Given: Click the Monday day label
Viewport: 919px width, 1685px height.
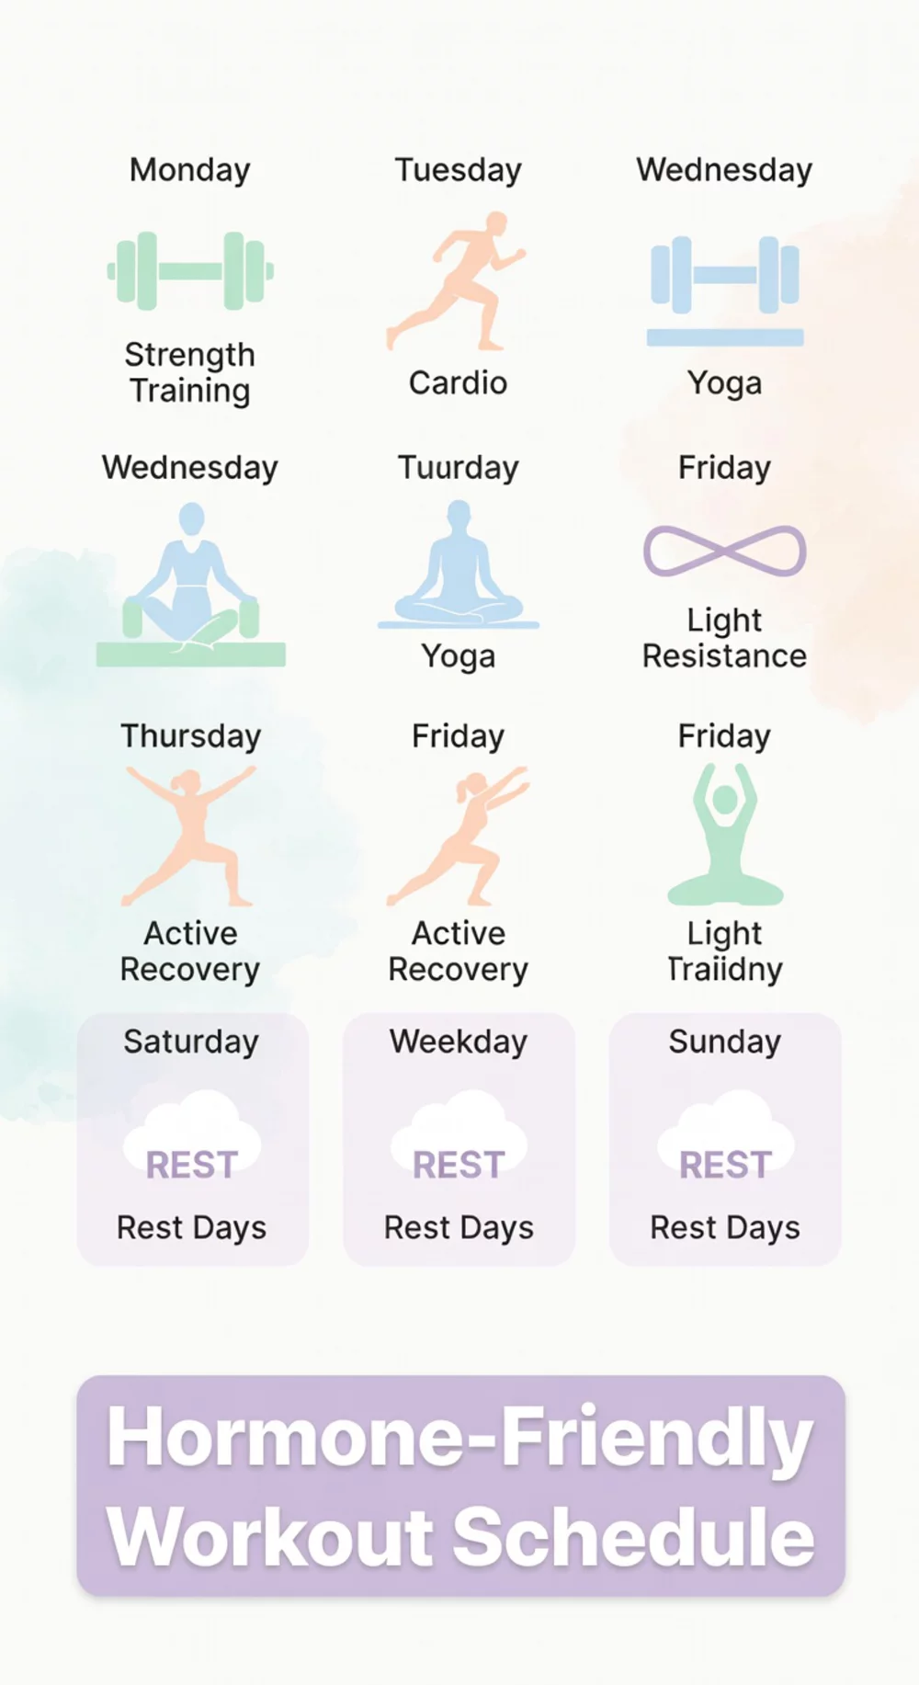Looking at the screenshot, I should click(x=190, y=170).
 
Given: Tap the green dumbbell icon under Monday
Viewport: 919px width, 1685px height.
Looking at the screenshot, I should click(x=190, y=270).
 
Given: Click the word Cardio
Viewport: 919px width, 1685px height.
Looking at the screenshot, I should click(x=458, y=382).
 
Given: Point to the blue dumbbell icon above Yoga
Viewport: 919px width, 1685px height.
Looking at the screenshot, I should click(x=725, y=276).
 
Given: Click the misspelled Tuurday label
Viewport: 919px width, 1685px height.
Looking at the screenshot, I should click(x=458, y=468).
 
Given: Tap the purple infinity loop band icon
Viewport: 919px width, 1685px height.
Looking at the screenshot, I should click(x=725, y=551).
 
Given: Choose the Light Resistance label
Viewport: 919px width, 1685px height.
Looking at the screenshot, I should click(x=724, y=638).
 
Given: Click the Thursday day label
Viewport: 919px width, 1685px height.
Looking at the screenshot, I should click(x=191, y=736).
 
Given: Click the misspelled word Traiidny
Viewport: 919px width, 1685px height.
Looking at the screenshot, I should click(x=724, y=969).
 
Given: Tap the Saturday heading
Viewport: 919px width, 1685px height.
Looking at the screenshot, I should click(x=191, y=1042).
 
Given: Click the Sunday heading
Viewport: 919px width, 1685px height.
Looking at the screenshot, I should click(x=724, y=1042).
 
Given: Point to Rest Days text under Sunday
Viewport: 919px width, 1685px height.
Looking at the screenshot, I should click(x=724, y=1228).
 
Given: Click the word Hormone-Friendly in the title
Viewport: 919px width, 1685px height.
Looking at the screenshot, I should click(x=459, y=1437).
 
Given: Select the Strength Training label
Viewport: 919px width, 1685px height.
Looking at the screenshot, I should click(x=190, y=372).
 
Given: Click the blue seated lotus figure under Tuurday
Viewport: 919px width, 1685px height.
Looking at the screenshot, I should click(x=459, y=564).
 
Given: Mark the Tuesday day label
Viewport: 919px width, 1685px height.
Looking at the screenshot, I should click(x=458, y=170).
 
